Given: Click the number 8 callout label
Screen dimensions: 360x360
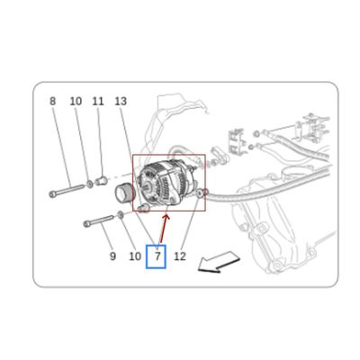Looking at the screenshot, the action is pos(52,102).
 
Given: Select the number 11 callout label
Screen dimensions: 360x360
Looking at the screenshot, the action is pos(98,102).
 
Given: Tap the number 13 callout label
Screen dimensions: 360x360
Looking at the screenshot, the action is pos(121,102).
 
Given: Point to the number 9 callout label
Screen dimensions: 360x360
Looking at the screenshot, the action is pos(112,256).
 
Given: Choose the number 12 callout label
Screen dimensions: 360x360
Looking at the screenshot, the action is pos(180,256).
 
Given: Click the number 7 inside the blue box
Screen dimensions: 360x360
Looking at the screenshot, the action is pos(157,256).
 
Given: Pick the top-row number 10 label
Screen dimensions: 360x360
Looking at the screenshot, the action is pos(76,102).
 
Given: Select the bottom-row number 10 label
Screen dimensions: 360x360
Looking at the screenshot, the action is pos(135,256).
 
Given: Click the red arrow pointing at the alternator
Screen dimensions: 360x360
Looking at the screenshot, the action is pos(164,229).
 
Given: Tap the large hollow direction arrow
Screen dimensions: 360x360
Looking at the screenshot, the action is pos(219,263).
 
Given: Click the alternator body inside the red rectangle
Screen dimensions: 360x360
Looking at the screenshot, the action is pos(168,184).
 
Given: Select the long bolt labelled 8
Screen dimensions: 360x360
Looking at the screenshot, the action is pos(67,191).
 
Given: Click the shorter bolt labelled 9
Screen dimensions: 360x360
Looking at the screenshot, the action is pos(99,220).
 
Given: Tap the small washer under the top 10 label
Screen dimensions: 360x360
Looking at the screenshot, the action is pos(90,184).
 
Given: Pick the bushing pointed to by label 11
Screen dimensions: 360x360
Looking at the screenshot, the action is pos(102,181).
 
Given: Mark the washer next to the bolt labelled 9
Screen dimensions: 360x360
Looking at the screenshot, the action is pos(120,215).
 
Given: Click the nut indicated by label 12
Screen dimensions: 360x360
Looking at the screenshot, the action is pos(200,193).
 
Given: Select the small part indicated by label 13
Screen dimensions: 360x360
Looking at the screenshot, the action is pos(143,207).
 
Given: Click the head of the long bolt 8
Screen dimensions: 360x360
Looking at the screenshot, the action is pos(52,194).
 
